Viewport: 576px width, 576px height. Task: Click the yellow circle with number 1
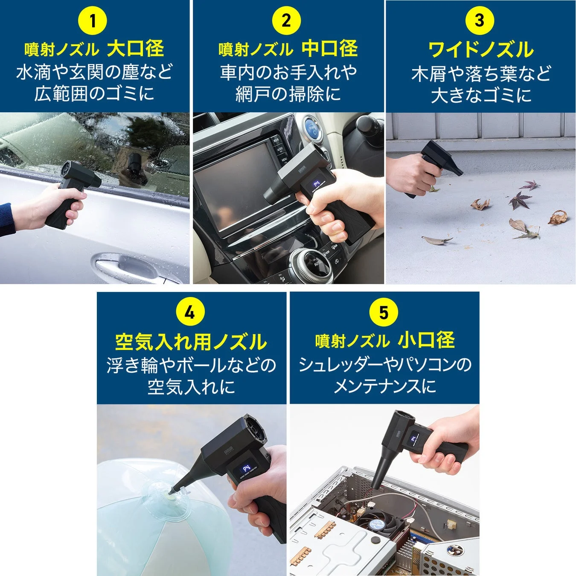pyautogui.click(x=93, y=20)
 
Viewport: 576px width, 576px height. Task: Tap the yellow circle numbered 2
pyautogui.click(x=286, y=20)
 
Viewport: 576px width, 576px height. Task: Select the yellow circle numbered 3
pyautogui.click(x=480, y=20)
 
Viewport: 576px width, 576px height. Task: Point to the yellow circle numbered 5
pyautogui.click(x=384, y=312)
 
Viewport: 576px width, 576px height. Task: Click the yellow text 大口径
pyautogui.click(x=135, y=49)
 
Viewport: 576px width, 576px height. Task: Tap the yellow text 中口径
pyautogui.click(x=329, y=49)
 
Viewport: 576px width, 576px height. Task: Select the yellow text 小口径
pyautogui.click(x=426, y=340)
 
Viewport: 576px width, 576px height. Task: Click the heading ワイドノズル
pyautogui.click(x=480, y=49)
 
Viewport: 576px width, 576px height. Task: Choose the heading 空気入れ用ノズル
pyautogui.click(x=191, y=341)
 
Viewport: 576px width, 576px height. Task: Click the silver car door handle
pyautogui.click(x=124, y=265)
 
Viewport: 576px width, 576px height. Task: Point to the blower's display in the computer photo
pyautogui.click(x=413, y=439)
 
